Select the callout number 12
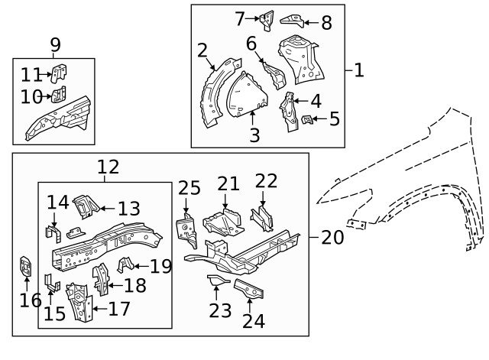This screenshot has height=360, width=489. [108, 167]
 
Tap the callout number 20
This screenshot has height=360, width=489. [332, 237]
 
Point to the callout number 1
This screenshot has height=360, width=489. [359, 71]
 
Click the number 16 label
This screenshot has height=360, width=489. [31, 300]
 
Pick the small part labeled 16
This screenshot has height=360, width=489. [26, 269]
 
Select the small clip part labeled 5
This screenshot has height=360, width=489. [308, 118]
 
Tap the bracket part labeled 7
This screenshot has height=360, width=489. [267, 20]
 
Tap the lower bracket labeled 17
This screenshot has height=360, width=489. [80, 304]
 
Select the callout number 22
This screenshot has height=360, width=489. [266, 181]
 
